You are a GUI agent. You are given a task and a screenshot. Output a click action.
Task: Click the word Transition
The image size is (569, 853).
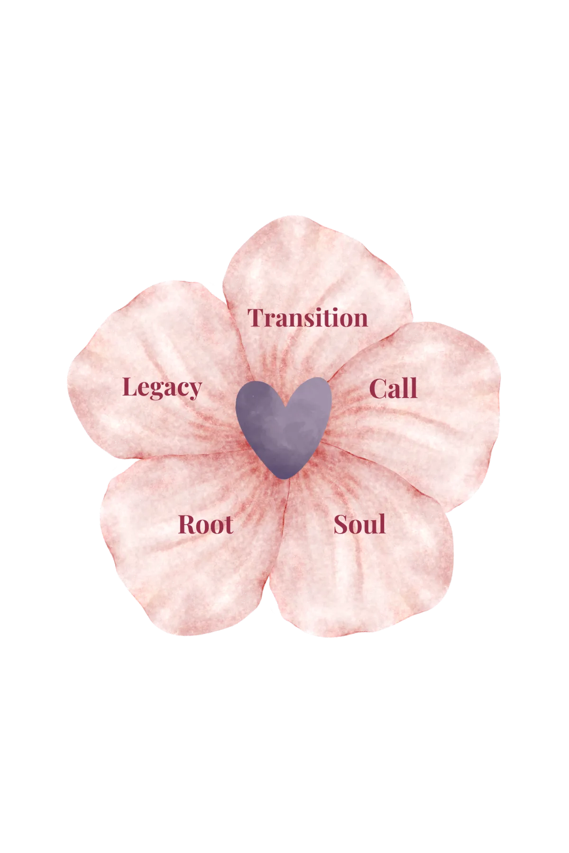[x=308, y=318]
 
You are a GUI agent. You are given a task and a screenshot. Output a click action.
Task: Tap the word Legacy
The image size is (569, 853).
[x=162, y=388]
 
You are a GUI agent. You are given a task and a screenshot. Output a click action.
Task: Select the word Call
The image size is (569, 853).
[x=393, y=389]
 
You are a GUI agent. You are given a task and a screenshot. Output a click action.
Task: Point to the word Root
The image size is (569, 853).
[x=206, y=525]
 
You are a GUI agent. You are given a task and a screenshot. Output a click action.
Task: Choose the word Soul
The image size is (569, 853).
[x=359, y=525]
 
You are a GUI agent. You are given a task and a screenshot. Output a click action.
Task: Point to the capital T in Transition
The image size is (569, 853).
[x=257, y=318]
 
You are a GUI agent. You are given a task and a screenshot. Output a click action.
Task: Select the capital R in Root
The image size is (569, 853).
[x=186, y=525]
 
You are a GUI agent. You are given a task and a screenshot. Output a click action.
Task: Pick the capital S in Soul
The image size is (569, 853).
[x=341, y=525]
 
